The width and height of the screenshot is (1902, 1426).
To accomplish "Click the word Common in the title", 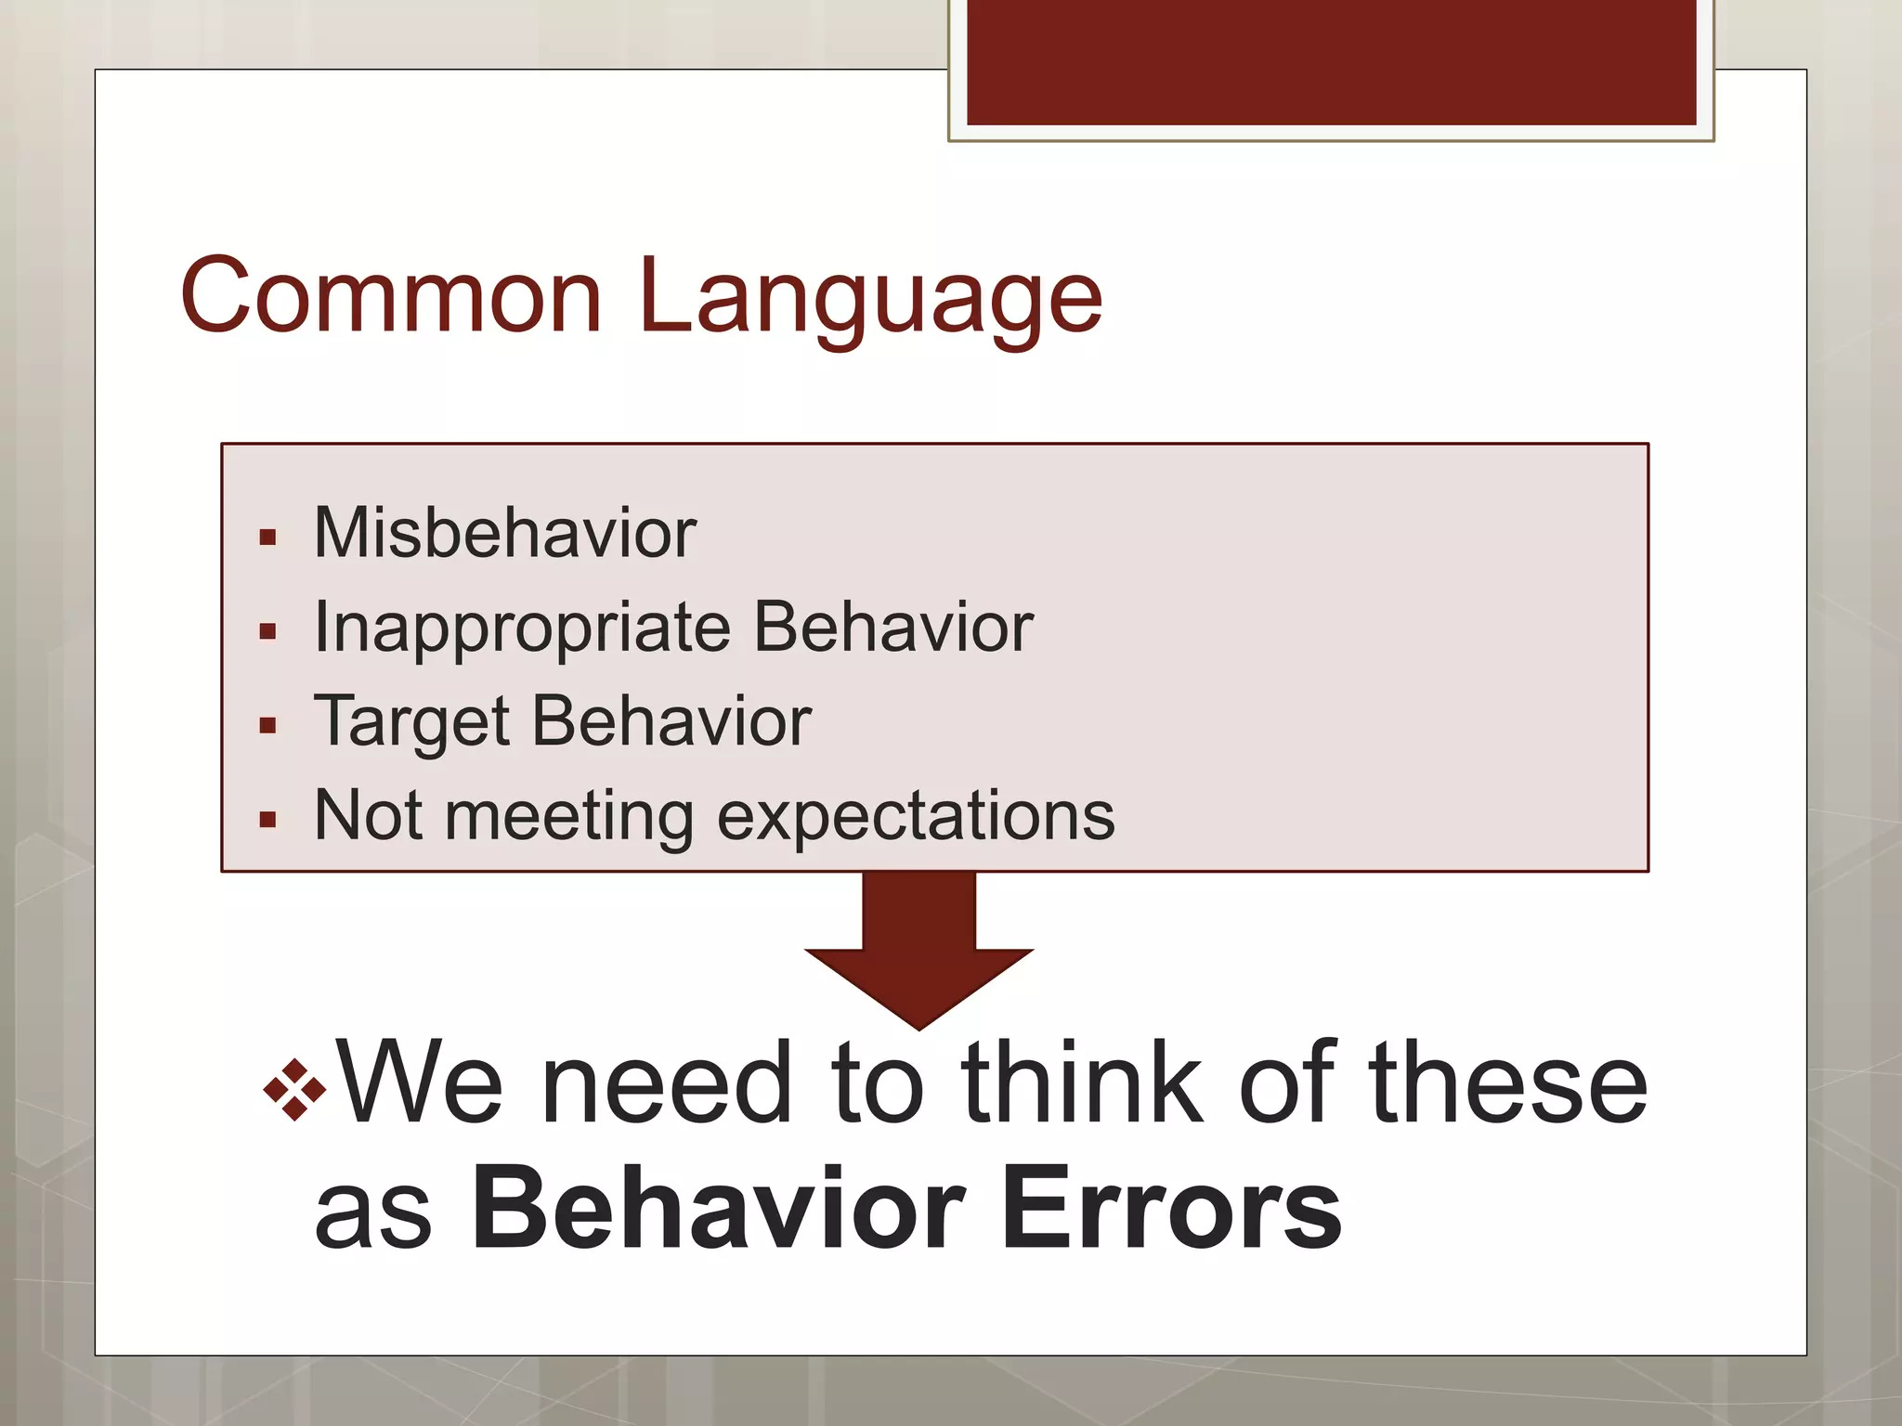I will click(391, 297).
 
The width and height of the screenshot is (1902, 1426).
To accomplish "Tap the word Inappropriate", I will click(522, 629).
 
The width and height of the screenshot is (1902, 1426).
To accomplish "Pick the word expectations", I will click(915, 818).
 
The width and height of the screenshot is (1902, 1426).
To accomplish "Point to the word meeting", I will click(568, 818).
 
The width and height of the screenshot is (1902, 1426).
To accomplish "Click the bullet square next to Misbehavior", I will click(268, 538).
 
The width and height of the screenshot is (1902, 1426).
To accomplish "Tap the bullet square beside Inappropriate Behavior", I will click(268, 632).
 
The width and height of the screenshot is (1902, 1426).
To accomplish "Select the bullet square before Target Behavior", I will click(268, 726).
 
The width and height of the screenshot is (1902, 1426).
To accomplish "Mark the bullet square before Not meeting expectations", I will click(268, 820).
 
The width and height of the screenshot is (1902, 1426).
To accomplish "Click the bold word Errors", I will click(1171, 1211).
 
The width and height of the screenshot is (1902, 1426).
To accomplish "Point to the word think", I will click(1081, 1082).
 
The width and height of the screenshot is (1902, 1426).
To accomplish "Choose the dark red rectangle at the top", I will click(1331, 61).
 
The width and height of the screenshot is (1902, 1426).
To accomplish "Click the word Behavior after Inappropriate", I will click(892, 628).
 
